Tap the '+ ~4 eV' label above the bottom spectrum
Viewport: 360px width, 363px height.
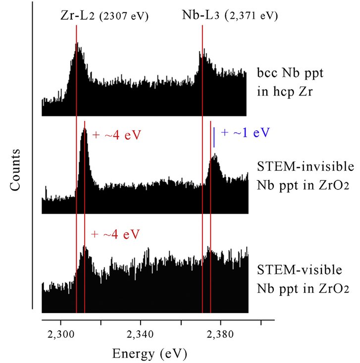(x=115, y=233)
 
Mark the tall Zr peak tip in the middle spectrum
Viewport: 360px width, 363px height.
(x=84, y=129)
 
